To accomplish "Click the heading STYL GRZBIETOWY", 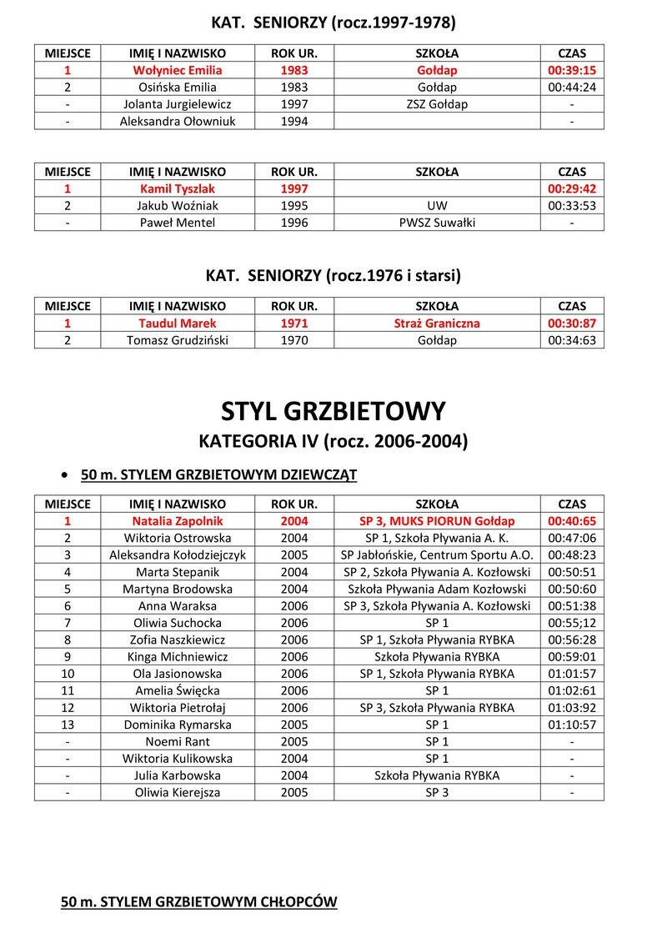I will (333, 410).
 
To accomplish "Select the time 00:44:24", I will (571, 87).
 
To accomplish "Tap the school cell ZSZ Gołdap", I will (437, 104).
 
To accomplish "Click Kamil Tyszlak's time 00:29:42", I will (571, 188).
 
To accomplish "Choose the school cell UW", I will (437, 206).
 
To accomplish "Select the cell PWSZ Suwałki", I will (437, 223).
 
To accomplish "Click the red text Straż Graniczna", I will (437, 323).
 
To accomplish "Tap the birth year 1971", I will (294, 323).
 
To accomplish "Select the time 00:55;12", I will (571, 622).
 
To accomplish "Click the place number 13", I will (67, 725).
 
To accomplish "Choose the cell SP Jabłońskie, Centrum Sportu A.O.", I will (437, 554).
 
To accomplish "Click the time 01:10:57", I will (571, 725).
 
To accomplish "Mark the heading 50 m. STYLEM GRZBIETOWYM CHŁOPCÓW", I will (198, 902).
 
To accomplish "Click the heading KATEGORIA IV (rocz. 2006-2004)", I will (333, 441).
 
